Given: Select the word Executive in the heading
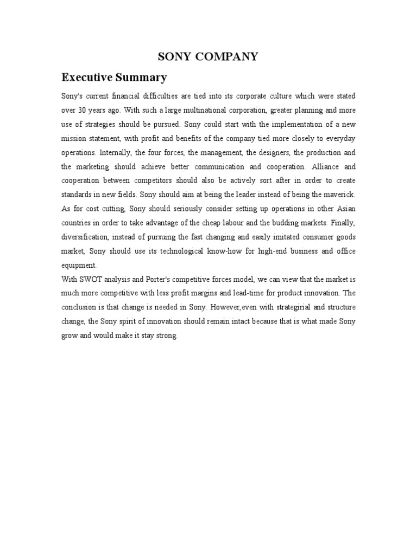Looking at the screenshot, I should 87,76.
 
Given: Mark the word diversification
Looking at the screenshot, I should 84,237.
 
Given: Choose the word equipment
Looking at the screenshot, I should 79,265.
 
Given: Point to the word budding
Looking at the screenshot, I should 296,223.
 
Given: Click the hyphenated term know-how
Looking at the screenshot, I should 225,251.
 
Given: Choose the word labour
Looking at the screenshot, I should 243,223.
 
